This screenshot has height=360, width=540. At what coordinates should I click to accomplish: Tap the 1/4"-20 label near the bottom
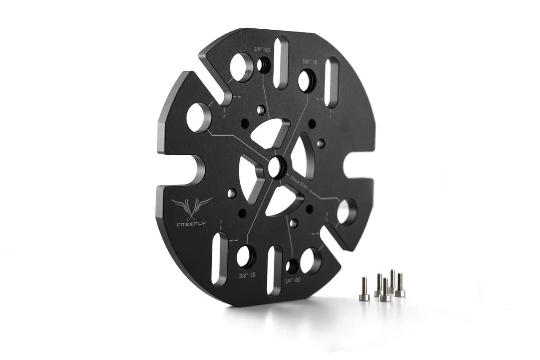(293, 279)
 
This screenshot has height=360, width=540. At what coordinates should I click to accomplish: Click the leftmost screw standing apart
(364, 288)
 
